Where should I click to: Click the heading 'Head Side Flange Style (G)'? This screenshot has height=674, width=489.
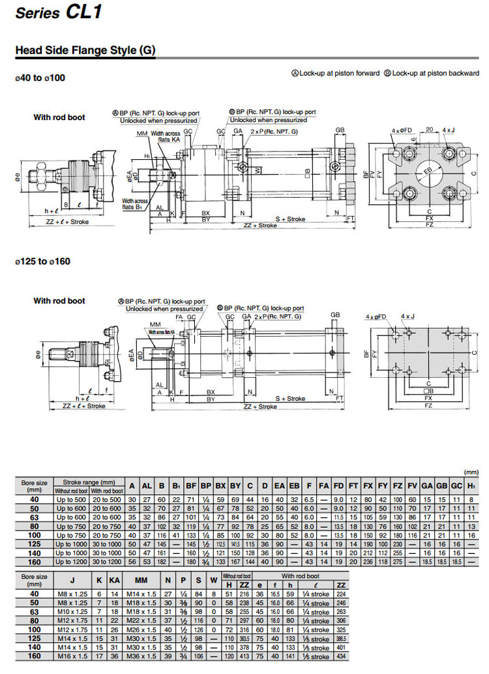coord(85,50)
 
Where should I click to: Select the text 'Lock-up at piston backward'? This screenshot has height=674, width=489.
coord(436,73)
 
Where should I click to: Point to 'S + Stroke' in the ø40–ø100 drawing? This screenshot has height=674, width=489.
coord(289,219)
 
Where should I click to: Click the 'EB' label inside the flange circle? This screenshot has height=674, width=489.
coord(428,170)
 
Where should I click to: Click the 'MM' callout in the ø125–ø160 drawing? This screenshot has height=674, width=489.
coord(155,324)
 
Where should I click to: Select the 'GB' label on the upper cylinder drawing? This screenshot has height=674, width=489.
coord(340,130)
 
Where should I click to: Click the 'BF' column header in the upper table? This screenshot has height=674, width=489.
coord(190,485)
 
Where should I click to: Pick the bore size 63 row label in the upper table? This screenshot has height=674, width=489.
coord(35,516)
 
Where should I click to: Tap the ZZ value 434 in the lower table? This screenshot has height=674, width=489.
coord(340,654)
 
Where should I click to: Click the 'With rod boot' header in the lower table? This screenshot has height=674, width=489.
coord(299,576)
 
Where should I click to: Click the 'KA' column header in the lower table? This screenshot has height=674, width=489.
coord(115,580)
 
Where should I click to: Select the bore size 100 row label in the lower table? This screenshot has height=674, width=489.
coord(35,629)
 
